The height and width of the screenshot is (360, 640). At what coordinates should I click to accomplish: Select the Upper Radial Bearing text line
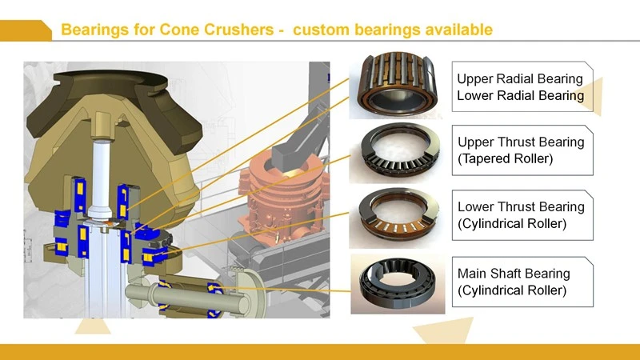(x=519, y=78)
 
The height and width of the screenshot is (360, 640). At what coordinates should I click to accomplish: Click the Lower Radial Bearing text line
(x=521, y=95)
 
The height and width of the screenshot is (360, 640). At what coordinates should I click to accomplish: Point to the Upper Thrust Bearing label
(x=521, y=142)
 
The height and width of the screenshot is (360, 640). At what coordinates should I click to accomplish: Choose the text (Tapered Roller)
(x=506, y=158)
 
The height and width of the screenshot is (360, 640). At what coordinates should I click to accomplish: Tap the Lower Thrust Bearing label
(x=521, y=206)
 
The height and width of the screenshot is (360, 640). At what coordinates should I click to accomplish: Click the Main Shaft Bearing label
(x=514, y=273)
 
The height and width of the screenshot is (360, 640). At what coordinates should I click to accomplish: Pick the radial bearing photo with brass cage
(x=396, y=85)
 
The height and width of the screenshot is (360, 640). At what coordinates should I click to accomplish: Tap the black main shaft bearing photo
(x=398, y=284)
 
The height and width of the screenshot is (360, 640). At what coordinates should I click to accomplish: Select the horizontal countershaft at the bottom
(x=187, y=295)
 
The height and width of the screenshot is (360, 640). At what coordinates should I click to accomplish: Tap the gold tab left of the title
(x=26, y=30)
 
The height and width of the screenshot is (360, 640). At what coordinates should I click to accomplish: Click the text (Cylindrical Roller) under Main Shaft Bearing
(x=512, y=290)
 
